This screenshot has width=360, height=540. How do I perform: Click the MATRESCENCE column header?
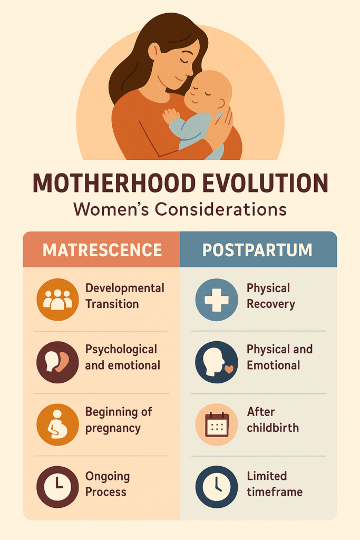tap(102, 250)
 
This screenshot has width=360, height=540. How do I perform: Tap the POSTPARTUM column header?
tap(257, 250)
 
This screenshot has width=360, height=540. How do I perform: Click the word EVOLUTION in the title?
tap(265, 183)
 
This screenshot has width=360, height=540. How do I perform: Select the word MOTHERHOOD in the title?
tap(114, 183)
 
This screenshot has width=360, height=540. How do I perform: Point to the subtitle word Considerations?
tap(221, 209)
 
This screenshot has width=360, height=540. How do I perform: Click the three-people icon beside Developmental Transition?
tap(57, 300)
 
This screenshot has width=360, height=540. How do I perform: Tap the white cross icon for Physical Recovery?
tap(217, 300)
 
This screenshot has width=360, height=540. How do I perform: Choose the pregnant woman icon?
tap(57, 425)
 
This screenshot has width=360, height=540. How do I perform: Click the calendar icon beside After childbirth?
tap(217, 425)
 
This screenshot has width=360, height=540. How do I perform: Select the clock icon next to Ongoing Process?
tap(57, 487)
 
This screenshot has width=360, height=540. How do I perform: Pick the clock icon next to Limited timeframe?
tap(217, 487)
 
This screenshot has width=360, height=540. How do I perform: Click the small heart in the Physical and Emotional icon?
tap(229, 369)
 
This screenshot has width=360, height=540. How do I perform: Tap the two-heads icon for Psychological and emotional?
tap(57, 362)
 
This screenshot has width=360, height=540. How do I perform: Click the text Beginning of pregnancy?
tap(119, 420)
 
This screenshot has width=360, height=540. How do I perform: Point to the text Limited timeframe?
tap(275, 484)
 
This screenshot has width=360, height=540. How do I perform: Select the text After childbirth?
tap(273, 420)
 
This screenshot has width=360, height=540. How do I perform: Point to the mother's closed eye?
tap(185, 61)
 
